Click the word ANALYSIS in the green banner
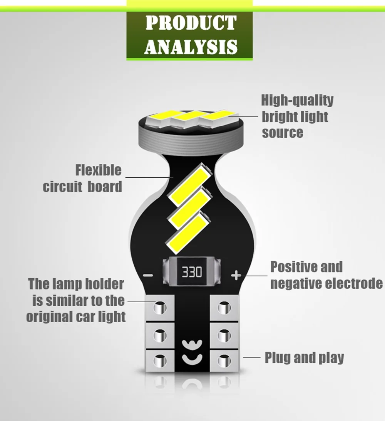pos(190,46)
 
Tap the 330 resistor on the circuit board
pos(191,273)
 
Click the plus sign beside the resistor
pos(236,276)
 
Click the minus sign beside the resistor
pos(148,276)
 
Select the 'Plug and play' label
pos(304,358)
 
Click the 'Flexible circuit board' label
pos(82,178)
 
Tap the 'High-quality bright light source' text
pos(297,116)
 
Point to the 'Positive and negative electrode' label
pos(326,275)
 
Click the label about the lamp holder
pos(76,300)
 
